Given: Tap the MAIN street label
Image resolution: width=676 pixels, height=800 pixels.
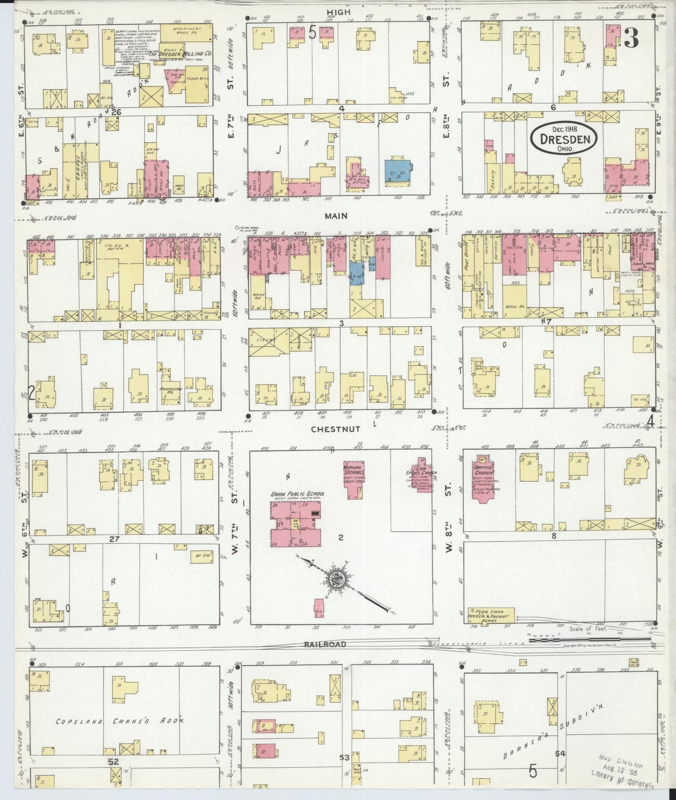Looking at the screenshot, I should point(337,216).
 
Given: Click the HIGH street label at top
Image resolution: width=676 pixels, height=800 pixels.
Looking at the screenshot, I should point(339,11).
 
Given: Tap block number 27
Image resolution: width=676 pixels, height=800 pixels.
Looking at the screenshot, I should point(114,539).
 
